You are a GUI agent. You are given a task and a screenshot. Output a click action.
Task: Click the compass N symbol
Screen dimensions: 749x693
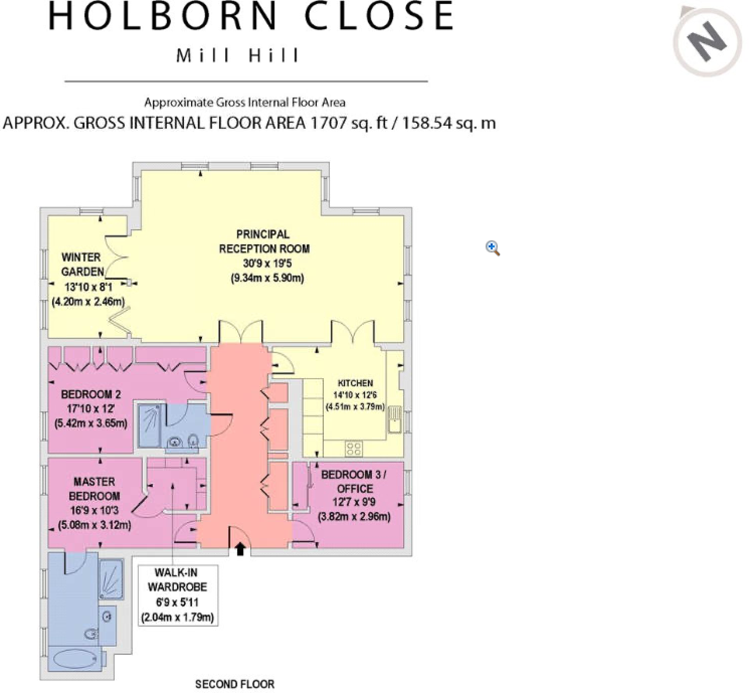[707, 42]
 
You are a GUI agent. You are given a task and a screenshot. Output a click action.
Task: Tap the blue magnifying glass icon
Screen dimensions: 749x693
[493, 248]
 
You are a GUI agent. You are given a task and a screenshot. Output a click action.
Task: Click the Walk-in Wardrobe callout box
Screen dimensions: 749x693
[177, 595]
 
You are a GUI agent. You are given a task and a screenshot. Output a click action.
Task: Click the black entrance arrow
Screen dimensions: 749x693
[240, 549]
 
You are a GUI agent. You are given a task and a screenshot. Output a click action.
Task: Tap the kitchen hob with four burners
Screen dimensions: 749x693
[353, 449]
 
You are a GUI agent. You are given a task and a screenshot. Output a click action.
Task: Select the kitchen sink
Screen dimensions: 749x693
[395, 419]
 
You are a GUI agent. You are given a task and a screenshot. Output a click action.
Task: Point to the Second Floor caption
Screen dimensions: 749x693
[235, 684]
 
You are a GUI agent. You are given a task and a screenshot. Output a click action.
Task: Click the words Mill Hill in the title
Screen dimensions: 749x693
[238, 55]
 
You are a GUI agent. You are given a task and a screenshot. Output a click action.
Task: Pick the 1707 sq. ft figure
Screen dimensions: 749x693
[348, 123]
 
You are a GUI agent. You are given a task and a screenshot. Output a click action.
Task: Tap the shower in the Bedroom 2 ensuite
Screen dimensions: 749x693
[150, 426]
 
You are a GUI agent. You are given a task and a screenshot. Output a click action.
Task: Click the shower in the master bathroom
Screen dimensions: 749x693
[111, 579]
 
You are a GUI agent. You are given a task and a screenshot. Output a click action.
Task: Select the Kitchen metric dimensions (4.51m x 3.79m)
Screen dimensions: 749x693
[355, 407]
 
